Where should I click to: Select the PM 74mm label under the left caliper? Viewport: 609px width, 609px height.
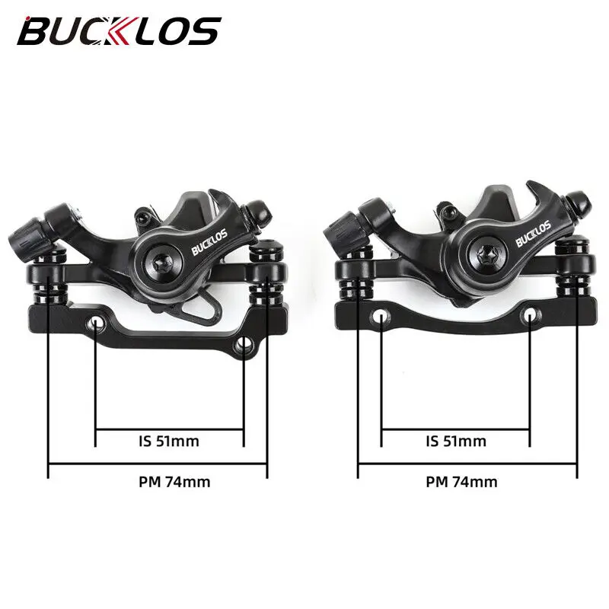click(x=174, y=481)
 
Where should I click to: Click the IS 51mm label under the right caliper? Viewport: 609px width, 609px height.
click(x=455, y=440)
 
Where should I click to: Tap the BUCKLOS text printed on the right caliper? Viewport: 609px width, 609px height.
click(x=533, y=234)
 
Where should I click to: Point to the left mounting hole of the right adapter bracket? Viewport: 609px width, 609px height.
click(x=381, y=314)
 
